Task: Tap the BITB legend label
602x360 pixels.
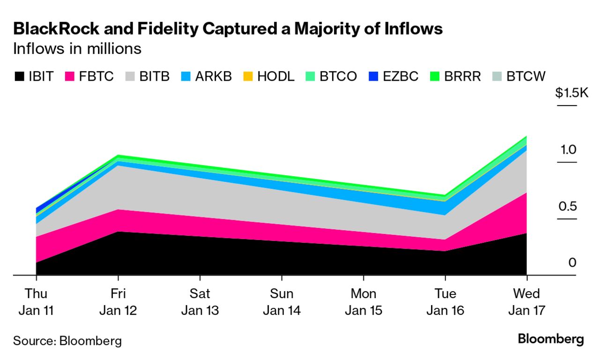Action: click(154, 76)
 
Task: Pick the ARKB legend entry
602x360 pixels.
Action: click(206, 76)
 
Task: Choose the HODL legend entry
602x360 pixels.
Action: click(269, 76)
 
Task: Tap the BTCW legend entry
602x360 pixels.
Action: click(520, 76)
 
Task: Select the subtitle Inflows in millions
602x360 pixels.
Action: click(77, 49)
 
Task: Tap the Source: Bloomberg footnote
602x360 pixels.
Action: click(67, 340)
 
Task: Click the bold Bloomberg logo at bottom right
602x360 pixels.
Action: click(551, 339)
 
